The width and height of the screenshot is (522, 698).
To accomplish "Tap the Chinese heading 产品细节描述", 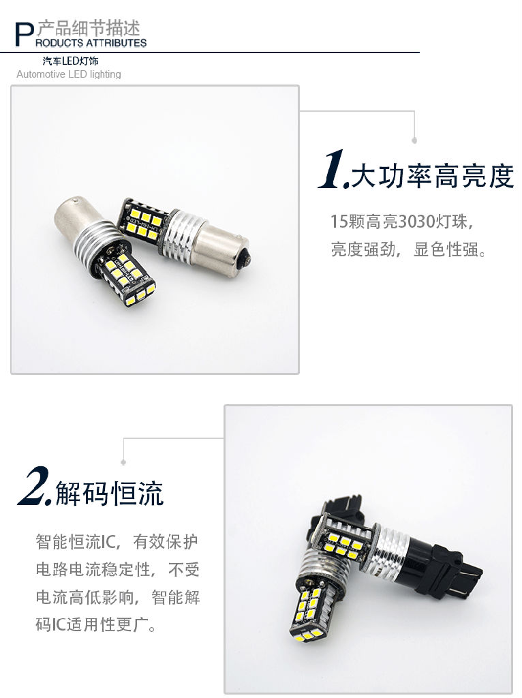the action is point(88,28).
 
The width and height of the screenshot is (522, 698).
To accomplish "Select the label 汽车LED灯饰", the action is point(70,61).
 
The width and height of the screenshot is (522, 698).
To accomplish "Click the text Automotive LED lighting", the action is point(69,74).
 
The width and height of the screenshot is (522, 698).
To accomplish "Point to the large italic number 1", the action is point(333,170).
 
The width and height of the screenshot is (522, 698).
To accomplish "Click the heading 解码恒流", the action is point(110,494).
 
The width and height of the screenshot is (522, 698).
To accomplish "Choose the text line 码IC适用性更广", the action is point(96,624).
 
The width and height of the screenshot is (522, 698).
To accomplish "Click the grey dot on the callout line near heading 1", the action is point(414,140).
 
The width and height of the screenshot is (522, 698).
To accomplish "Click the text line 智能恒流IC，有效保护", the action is point(117,542).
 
